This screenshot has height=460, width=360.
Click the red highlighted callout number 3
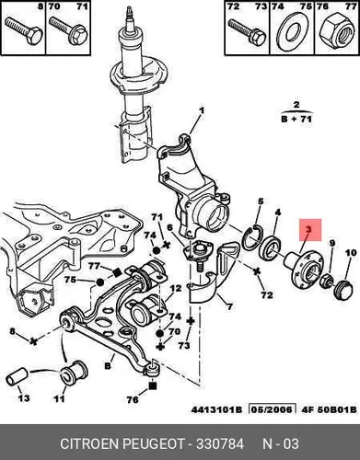click(x=308, y=229)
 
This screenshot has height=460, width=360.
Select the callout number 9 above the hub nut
click(x=331, y=244)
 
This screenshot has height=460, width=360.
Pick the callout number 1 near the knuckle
click(x=202, y=110)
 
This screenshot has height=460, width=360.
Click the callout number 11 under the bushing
click(x=59, y=398)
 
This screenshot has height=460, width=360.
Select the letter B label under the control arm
click(x=108, y=365)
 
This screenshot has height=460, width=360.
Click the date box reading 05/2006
click(x=273, y=409)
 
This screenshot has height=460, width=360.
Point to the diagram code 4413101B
click(x=216, y=409)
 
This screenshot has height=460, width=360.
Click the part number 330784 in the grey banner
click(x=220, y=443)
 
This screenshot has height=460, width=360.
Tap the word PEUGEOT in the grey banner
click(x=154, y=443)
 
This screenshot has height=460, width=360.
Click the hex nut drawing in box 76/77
click(x=337, y=32)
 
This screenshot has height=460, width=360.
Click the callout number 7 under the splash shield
click(x=229, y=306)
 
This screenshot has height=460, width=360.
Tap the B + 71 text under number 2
click(x=296, y=119)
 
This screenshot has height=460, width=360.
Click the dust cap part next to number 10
click(x=343, y=289)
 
